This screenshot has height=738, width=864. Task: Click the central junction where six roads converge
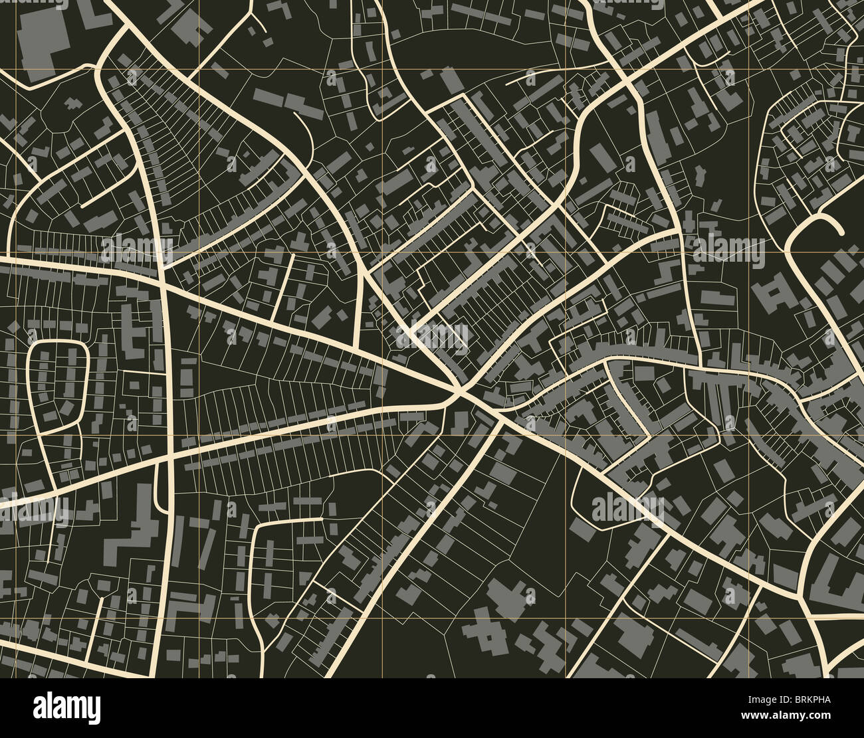click(x=459, y=394)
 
